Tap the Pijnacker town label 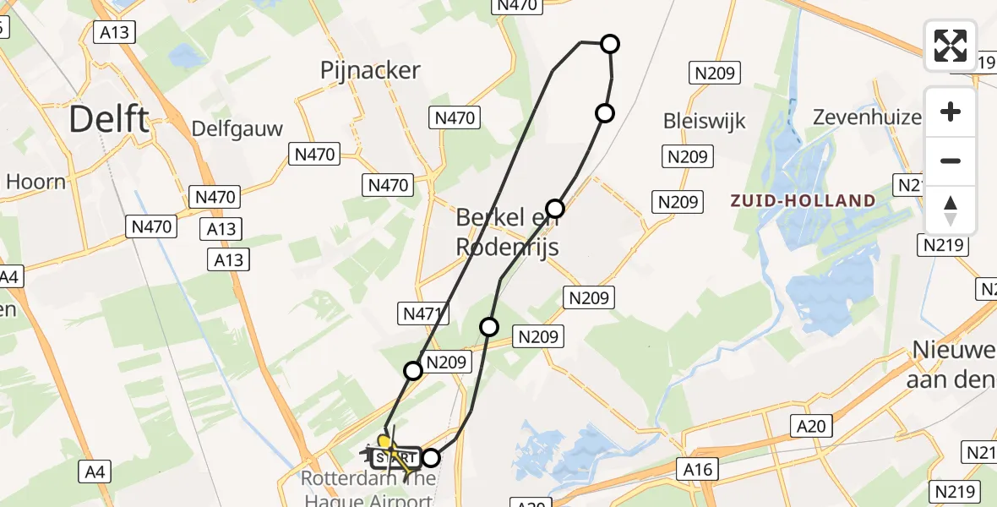370,71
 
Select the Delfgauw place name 237,128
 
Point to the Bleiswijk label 705,121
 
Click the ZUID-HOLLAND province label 803,200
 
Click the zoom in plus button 951,112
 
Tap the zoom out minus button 951,161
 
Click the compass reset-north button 951,210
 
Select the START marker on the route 395,458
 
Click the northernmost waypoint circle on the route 609,44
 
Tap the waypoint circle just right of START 431,458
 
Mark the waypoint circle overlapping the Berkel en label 555,208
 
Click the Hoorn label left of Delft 35,181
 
